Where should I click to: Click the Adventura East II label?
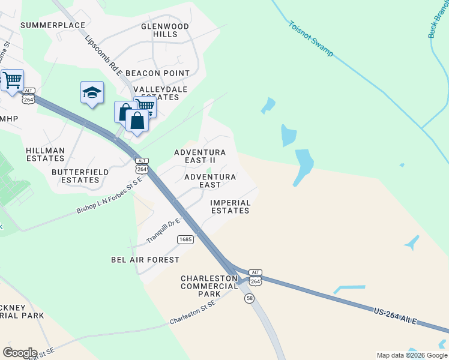click(199, 157)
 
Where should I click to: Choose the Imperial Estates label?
click(230, 206)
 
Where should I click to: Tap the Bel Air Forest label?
click(145, 260)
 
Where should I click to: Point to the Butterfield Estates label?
click(80, 176)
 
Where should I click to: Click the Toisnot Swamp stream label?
click(310, 40)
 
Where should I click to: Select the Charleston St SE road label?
click(193, 311)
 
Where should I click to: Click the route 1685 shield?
click(185, 239)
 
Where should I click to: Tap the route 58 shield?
click(249, 298)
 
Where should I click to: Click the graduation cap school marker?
click(92, 93)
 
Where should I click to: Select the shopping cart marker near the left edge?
click(12, 80)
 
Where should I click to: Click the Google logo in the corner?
click(20, 353)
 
